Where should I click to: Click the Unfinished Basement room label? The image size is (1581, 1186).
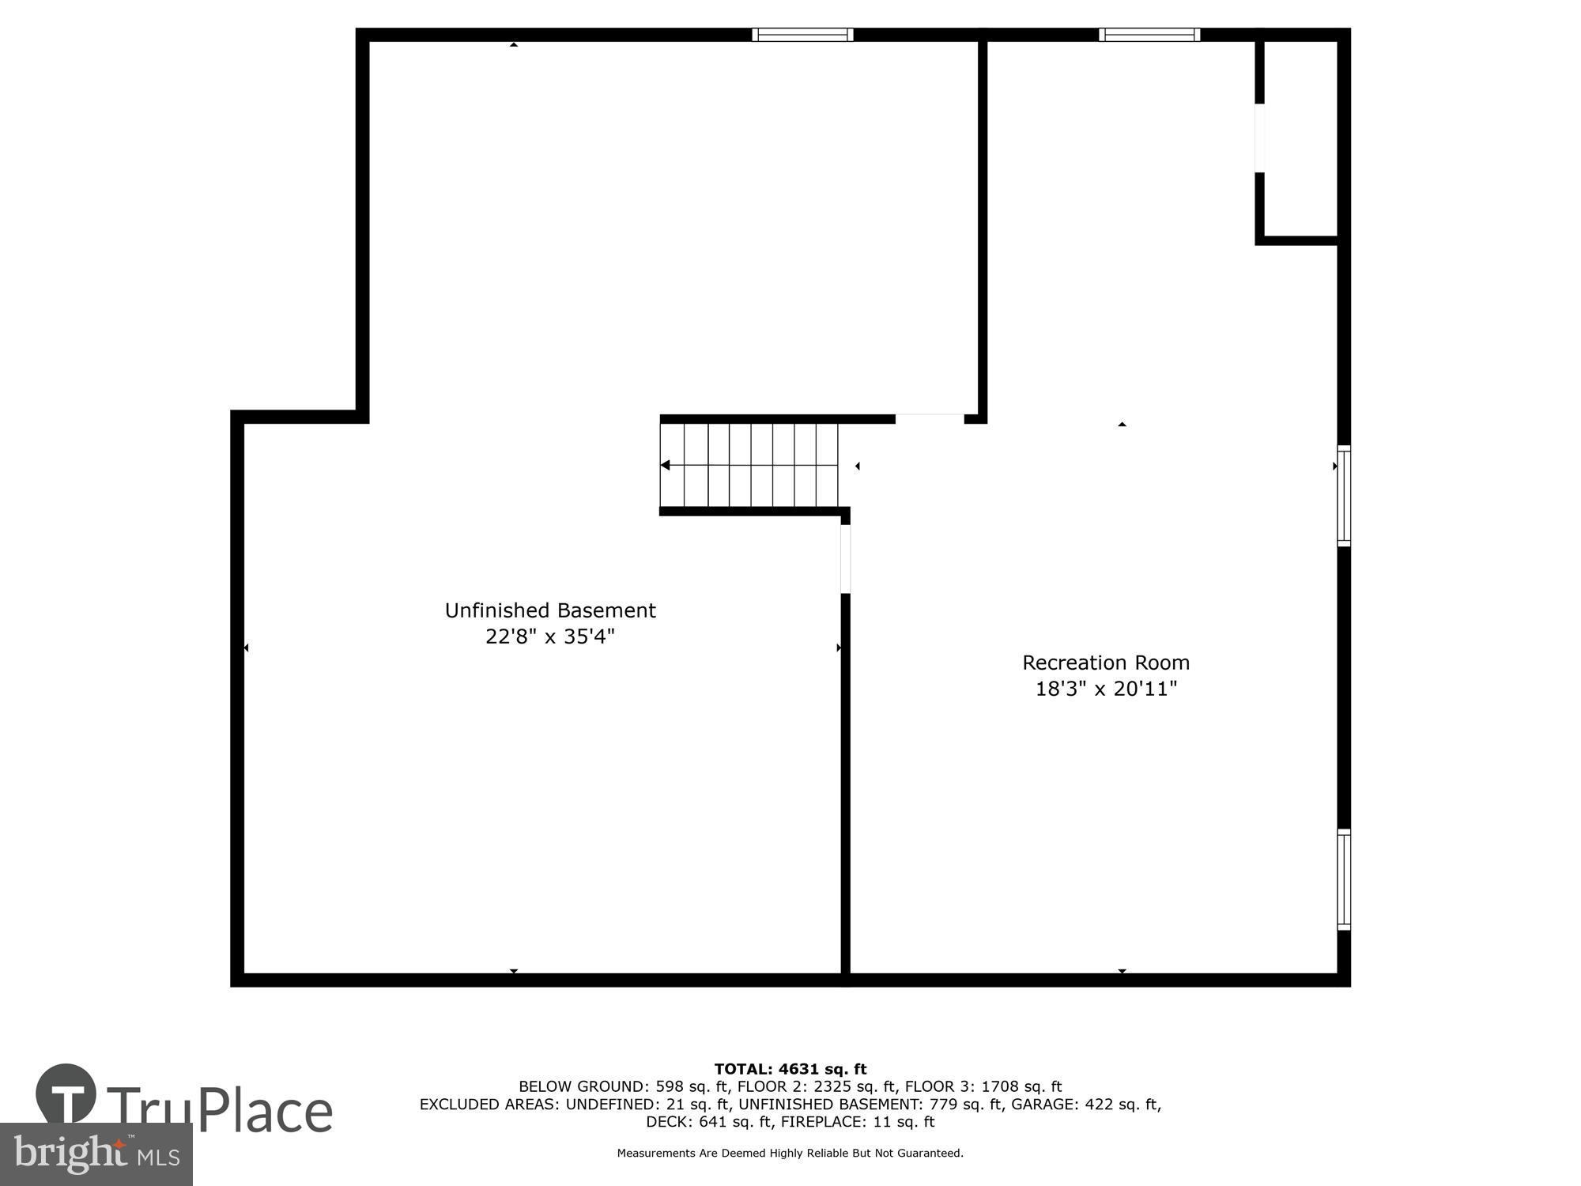coord(550,610)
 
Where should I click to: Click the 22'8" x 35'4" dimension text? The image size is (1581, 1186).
coord(550,636)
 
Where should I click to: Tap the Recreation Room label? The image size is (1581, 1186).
coord(1105,663)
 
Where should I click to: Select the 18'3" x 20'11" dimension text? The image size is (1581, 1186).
coord(1106,689)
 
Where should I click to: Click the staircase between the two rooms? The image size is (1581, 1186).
coord(749,466)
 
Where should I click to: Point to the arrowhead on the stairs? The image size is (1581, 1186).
coord(666,466)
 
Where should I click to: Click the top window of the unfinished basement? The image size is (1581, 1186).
coord(802,35)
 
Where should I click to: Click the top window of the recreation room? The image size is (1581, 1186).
coord(1149,35)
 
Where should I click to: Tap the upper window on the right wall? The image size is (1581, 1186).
coord(1343,496)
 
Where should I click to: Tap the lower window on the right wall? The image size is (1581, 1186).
coord(1343,879)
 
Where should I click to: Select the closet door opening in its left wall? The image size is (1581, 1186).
coord(1259,138)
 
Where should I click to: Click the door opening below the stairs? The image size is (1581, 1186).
coord(845,558)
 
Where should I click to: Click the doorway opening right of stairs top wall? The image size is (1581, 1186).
coord(930,418)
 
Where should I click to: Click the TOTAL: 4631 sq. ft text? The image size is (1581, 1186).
coord(790,1069)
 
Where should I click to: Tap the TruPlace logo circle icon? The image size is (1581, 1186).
coord(66,1094)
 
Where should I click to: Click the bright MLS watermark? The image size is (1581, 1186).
coord(96,1154)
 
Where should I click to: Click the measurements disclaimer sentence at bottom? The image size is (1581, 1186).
coord(790,1153)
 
